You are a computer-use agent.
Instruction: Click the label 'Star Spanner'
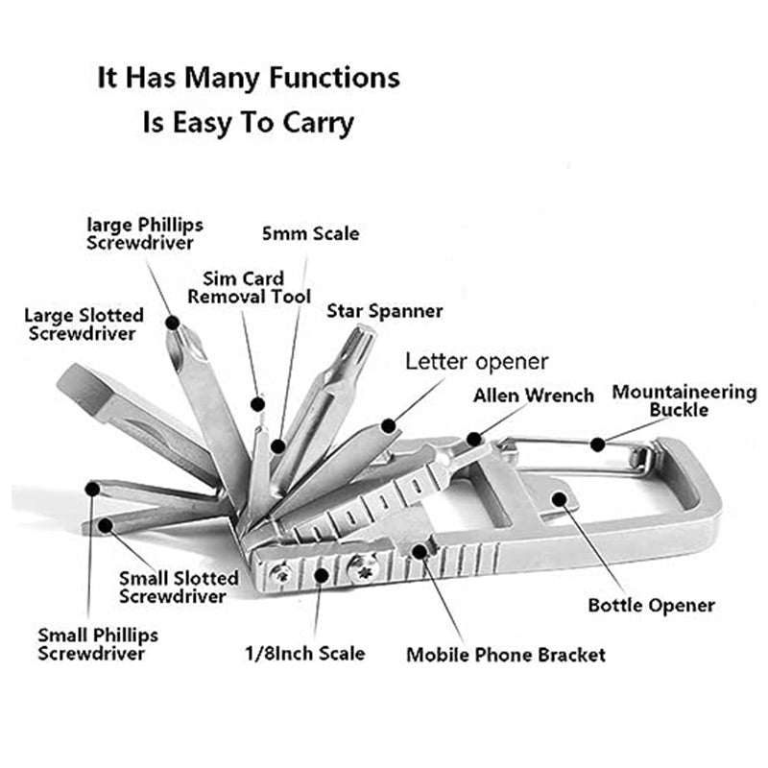pyautogui.click(x=384, y=311)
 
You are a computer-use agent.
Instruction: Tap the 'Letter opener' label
pyautogui.click(x=476, y=362)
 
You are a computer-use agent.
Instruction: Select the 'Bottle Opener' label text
pyautogui.click(x=651, y=606)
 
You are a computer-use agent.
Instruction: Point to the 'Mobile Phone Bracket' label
pyautogui.click(x=506, y=656)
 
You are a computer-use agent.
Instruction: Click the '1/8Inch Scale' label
pyautogui.click(x=304, y=654)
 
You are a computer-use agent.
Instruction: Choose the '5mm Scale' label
pyautogui.click(x=310, y=233)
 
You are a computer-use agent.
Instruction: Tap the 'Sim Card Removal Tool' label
pyautogui.click(x=249, y=287)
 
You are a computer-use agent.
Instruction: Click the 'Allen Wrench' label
pyautogui.click(x=533, y=396)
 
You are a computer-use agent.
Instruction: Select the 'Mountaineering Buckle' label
pyautogui.click(x=684, y=400)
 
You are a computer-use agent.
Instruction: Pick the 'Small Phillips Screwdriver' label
pyautogui.click(x=98, y=644)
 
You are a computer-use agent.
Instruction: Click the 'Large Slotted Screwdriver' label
pyautogui.click(x=84, y=324)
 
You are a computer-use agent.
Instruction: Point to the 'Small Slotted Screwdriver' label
pyautogui.click(x=179, y=587)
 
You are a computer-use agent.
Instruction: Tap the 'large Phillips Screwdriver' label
pyautogui.click(x=144, y=233)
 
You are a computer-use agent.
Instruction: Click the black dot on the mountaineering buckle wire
pyautogui.click(x=597, y=443)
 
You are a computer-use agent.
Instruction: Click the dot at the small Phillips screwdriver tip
pyautogui.click(x=92, y=489)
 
